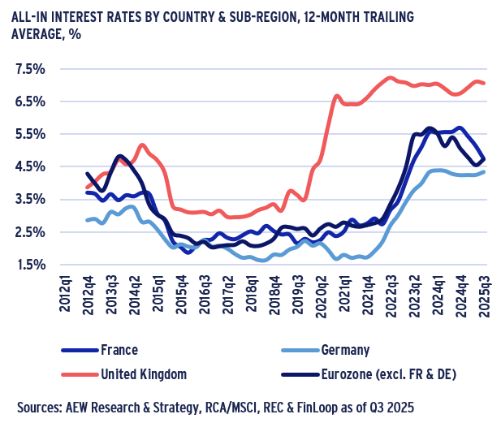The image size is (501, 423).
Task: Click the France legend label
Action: coord(117,351)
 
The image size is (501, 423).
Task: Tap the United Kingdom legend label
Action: coord(142,374)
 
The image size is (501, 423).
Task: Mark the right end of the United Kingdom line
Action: coord(485,83)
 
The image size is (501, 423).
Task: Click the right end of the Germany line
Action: coord(485,171)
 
